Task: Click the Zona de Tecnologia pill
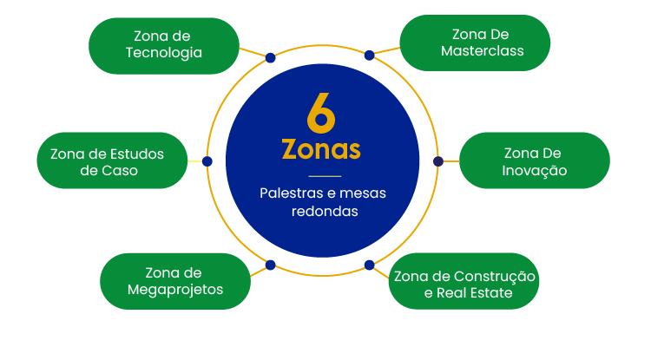(x=164, y=46)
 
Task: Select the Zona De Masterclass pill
(x=475, y=43)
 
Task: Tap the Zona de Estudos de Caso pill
(x=112, y=160)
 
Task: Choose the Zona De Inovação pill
(x=535, y=160)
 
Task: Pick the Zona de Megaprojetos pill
(x=175, y=281)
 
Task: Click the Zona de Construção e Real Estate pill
(x=464, y=281)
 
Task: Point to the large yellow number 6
(x=321, y=113)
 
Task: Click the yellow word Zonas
(x=321, y=149)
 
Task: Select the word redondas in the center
(x=325, y=212)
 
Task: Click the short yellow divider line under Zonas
(x=325, y=176)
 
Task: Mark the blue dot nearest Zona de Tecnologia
(x=270, y=57)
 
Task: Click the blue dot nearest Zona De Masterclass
(x=370, y=56)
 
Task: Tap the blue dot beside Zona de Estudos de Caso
(x=207, y=161)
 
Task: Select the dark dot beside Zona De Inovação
(x=438, y=161)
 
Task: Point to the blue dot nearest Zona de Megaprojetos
(x=270, y=265)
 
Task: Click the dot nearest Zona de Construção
(x=370, y=265)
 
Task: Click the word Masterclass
(x=483, y=51)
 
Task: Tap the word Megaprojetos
(x=175, y=290)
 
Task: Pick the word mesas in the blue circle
(x=363, y=193)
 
